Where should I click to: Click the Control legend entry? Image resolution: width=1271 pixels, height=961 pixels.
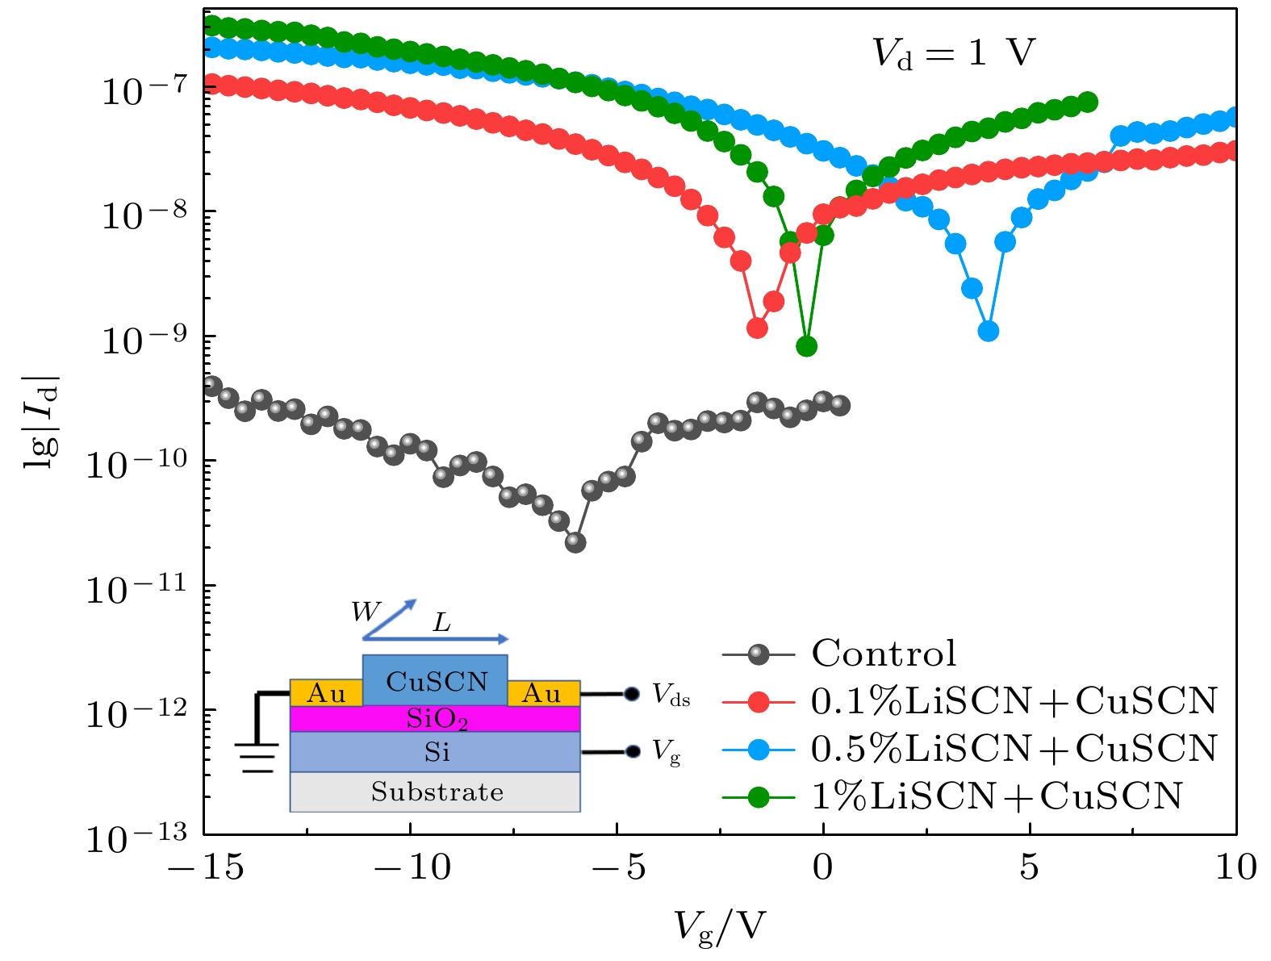[884, 654]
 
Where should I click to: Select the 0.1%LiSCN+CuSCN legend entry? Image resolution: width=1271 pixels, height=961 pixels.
[1014, 701]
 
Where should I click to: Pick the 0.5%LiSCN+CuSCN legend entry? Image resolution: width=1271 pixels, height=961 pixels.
[1014, 749]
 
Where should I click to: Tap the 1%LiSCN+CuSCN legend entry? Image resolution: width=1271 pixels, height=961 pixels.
[996, 796]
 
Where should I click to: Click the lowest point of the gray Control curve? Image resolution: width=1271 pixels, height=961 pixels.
[575, 542]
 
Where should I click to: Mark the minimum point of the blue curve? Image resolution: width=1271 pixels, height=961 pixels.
[989, 331]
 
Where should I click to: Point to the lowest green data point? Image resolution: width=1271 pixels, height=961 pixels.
[806, 346]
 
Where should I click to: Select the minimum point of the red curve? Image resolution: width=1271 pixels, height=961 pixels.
[757, 328]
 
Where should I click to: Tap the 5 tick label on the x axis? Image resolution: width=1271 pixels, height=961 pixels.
[1029, 868]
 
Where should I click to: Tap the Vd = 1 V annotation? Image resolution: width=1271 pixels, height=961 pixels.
[953, 53]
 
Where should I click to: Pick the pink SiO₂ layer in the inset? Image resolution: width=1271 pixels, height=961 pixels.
[436, 718]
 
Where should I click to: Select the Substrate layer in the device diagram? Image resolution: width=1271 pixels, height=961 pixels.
[436, 792]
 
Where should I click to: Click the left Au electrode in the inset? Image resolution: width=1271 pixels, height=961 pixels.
[326, 693]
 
